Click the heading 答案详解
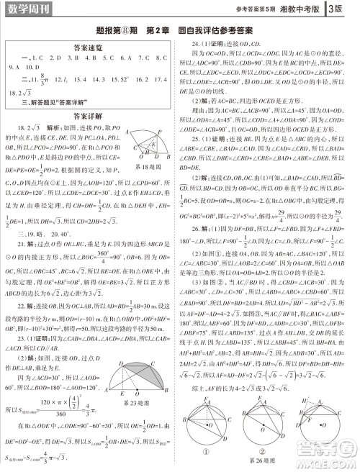(89, 114)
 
